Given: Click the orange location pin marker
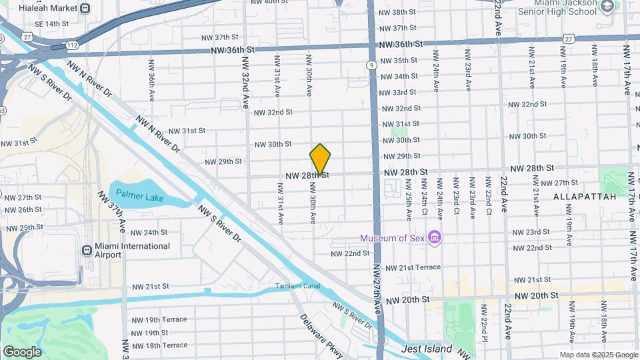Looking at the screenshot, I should point(320,159).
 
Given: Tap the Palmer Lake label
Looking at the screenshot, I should point(139,194).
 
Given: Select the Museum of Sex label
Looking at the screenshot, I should point(393,238).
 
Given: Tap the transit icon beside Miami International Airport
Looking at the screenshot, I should point(86,251).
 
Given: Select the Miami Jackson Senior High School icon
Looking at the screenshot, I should point(607,7).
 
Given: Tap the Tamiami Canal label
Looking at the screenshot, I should point(298,287).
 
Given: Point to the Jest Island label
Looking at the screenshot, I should point(427,349).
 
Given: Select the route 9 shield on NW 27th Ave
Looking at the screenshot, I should point(370,65).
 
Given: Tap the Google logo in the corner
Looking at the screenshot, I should point(22,352).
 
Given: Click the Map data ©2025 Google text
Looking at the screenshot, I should point(598,355).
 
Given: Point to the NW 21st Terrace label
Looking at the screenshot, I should point(413,267).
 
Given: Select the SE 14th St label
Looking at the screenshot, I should point(52,23).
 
